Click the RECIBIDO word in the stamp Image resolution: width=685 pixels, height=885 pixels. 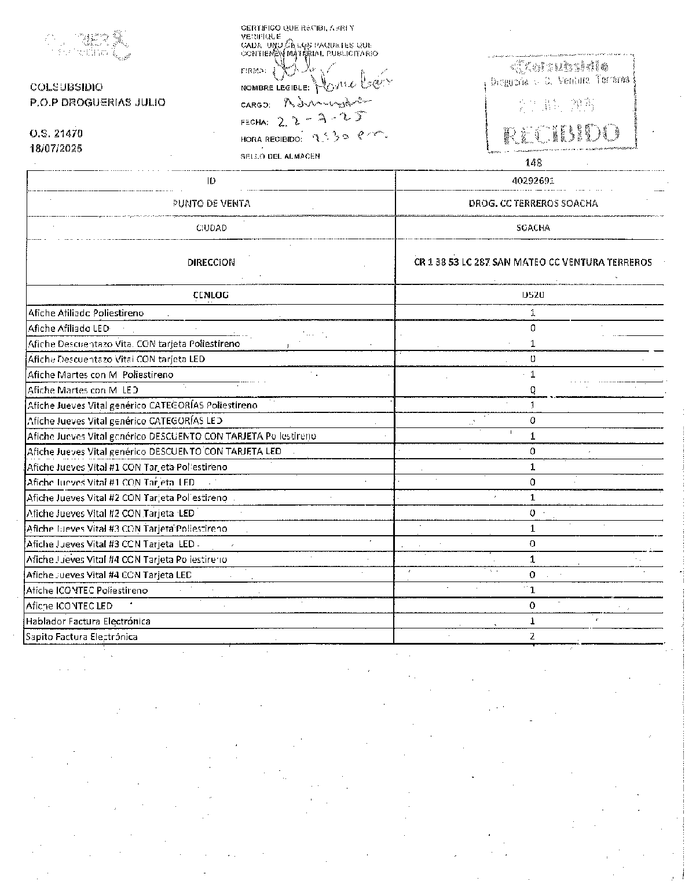click(x=562, y=134)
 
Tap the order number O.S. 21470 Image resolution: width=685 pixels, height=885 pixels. click(x=56, y=133)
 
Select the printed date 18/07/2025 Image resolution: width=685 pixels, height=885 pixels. click(x=56, y=148)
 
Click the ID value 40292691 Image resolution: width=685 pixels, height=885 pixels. click(x=533, y=180)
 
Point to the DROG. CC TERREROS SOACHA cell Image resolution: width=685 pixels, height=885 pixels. click(x=533, y=203)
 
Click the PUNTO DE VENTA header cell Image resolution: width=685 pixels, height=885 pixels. click(x=211, y=203)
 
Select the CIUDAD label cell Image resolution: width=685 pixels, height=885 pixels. click(x=211, y=228)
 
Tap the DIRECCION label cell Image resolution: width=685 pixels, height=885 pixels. click(x=211, y=262)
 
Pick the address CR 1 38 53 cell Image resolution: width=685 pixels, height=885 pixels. click(x=533, y=262)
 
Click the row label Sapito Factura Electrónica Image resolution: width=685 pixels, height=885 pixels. click(x=82, y=637)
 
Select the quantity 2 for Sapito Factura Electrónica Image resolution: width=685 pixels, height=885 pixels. click(x=532, y=636)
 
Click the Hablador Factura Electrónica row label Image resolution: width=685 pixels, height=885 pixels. click(x=88, y=621)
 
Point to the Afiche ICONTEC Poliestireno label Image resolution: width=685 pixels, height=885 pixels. click(x=87, y=590)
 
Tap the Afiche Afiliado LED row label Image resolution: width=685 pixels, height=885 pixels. click(x=68, y=328)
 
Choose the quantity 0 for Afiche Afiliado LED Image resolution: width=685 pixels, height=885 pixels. click(x=533, y=328)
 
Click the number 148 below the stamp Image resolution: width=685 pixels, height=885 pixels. click(x=533, y=163)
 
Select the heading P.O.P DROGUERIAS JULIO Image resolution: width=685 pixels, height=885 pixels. click(x=97, y=103)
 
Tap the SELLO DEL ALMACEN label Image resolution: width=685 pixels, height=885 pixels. click(x=280, y=156)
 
